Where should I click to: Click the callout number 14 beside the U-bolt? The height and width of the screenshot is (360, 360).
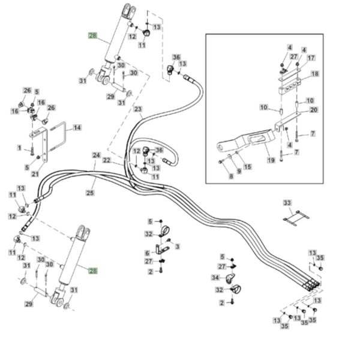(77, 127)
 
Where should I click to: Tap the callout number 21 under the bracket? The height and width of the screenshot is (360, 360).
(35, 174)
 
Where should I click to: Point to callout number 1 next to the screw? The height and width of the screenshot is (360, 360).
(20, 148)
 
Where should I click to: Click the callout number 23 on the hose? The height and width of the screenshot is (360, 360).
(138, 109)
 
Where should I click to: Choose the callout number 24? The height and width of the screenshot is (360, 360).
(97, 155)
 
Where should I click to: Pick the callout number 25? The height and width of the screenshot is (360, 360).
(90, 193)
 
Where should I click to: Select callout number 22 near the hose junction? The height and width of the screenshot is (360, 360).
(107, 160)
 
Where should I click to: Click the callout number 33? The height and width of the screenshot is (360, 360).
(287, 203)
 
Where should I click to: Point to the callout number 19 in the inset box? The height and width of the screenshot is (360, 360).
(271, 160)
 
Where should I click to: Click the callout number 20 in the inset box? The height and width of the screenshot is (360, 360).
(314, 110)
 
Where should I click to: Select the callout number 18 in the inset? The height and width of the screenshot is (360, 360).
(315, 74)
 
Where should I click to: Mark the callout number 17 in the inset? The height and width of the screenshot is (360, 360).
(311, 58)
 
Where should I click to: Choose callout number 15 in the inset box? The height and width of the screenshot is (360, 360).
(247, 167)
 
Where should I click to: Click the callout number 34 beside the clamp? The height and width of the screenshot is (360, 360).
(215, 278)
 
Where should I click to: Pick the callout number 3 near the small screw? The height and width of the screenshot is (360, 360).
(178, 247)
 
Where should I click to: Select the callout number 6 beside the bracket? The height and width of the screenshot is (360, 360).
(147, 253)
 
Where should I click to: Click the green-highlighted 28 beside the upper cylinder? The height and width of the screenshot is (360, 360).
(93, 35)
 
